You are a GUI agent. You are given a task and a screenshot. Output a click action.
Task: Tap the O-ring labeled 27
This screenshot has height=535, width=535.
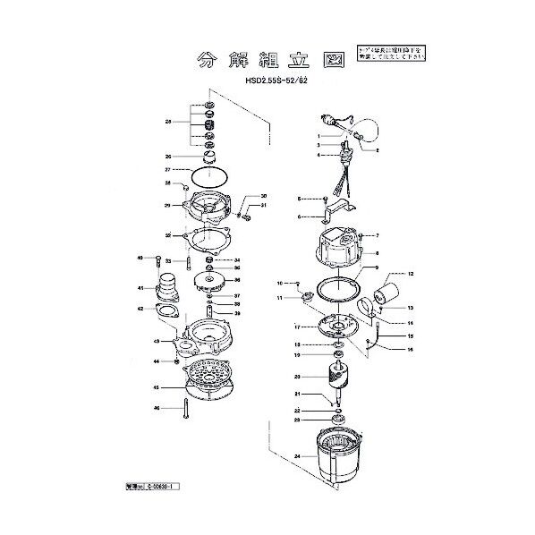(208, 170)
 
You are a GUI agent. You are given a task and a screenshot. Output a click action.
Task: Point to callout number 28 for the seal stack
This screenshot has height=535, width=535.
(168, 121)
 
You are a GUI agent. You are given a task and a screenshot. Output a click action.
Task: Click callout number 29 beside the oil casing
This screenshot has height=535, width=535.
(168, 206)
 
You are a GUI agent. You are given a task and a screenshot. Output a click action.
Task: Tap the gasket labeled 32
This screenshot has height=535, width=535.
(208, 237)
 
